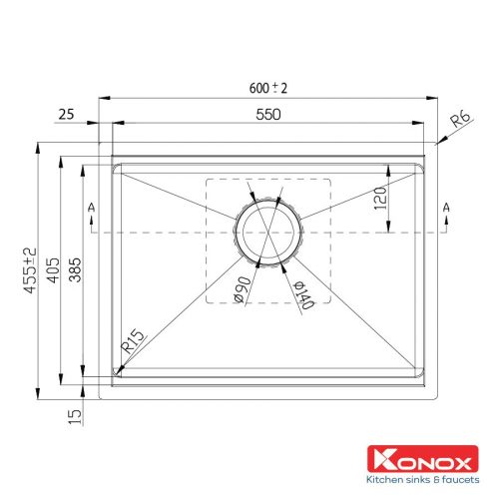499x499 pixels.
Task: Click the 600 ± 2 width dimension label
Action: pos(268,88)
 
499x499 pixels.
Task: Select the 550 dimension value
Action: pos(268,115)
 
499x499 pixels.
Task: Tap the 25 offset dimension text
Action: pos(66,115)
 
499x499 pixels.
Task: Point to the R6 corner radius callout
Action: pos(460,119)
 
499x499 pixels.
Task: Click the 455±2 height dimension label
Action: pos(30,270)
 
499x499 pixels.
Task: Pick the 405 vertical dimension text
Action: pos(54,270)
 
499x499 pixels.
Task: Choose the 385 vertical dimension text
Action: pos(75,269)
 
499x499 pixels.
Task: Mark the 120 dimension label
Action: pos(380,199)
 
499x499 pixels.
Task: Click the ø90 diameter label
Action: pos(243,289)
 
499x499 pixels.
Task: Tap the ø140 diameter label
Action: pos(303,294)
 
